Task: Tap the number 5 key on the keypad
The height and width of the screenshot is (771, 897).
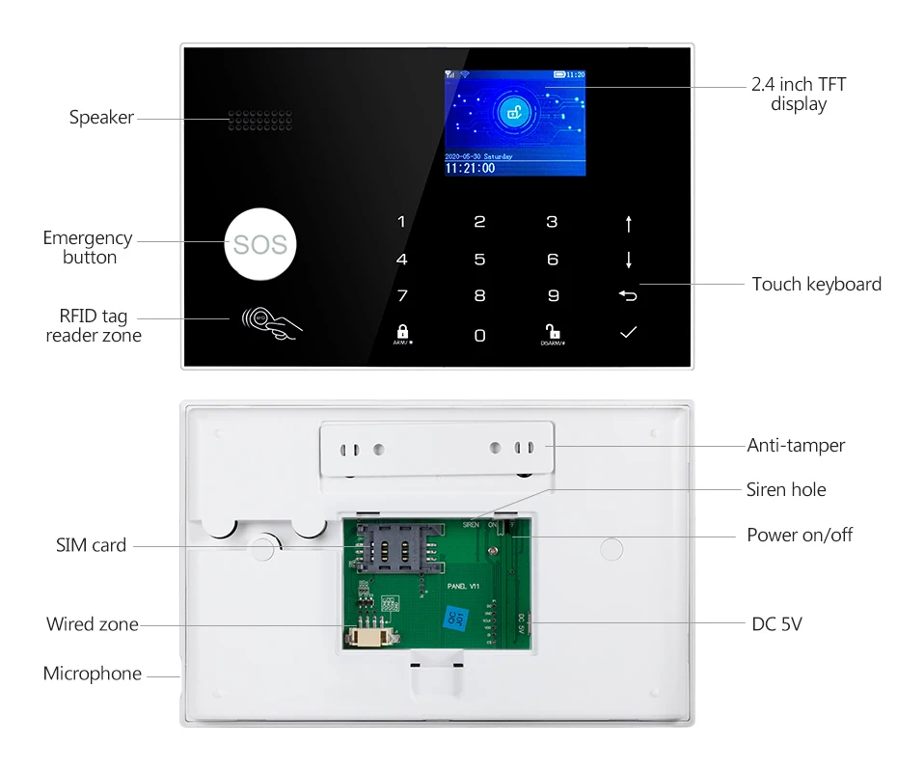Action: tap(479, 260)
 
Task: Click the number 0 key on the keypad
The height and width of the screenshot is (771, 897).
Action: tap(479, 335)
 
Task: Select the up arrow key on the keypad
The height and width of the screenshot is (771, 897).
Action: tap(629, 224)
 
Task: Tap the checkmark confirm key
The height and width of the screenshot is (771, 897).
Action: tap(629, 333)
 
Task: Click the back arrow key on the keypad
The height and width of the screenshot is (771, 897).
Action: tap(629, 295)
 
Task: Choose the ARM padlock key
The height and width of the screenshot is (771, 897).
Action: tap(402, 332)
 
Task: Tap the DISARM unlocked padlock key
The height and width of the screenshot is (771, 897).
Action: tap(553, 332)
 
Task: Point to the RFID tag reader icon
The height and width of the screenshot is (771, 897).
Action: tap(272, 321)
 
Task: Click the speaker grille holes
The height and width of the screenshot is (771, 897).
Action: tap(259, 121)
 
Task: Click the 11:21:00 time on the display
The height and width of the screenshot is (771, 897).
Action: tap(470, 168)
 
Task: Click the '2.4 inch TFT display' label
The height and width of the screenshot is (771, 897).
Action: tap(798, 95)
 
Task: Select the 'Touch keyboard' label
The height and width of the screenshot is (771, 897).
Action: tap(816, 284)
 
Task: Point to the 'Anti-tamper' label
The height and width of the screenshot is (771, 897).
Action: tap(796, 446)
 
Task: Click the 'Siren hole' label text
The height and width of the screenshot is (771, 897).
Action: tap(786, 490)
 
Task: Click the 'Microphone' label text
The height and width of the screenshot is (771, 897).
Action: tap(93, 674)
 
